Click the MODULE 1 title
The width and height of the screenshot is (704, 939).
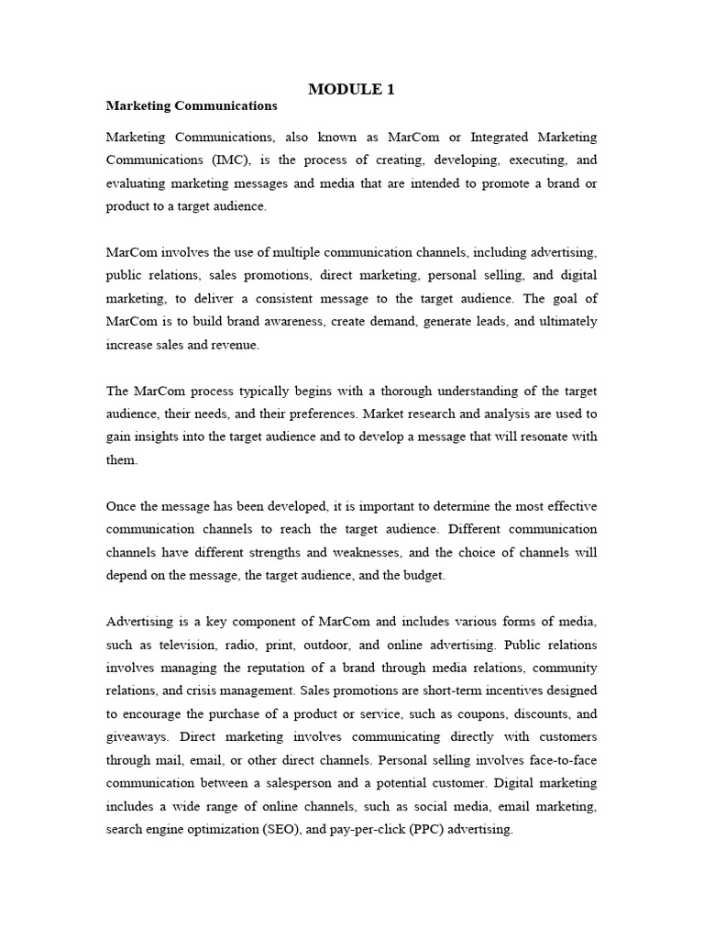(351, 89)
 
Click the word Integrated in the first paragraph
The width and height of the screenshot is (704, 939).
(503, 138)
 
